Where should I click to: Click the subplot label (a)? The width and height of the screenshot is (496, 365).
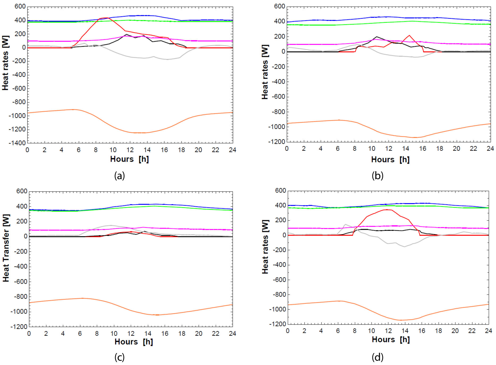click(x=119, y=176)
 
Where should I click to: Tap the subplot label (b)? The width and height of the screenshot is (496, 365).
click(x=377, y=176)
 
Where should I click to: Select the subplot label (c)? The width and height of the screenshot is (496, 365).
click(x=119, y=357)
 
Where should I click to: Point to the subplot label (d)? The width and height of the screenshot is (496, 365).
click(x=377, y=357)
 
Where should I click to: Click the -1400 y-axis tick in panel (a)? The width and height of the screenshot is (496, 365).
click(x=17, y=143)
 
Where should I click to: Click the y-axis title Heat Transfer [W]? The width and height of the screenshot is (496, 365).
click(x=6, y=248)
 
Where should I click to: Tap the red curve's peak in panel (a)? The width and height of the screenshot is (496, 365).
click(x=106, y=18)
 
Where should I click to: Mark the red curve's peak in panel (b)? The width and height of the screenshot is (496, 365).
click(x=409, y=35)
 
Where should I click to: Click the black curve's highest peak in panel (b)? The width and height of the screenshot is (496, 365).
click(x=377, y=37)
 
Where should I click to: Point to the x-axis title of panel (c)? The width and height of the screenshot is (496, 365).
click(x=134, y=342)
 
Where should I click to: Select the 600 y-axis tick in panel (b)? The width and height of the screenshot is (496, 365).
click(x=280, y=6)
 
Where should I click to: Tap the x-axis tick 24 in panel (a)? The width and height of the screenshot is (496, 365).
click(x=233, y=150)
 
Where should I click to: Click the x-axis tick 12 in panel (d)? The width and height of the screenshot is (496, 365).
click(x=388, y=331)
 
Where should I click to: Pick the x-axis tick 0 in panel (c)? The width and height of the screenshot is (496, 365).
click(x=29, y=333)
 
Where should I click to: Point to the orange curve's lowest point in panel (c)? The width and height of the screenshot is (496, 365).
click(x=157, y=315)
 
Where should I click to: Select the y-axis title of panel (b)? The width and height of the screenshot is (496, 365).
click(x=265, y=72)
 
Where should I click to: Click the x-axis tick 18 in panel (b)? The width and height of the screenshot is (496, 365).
click(x=440, y=149)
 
